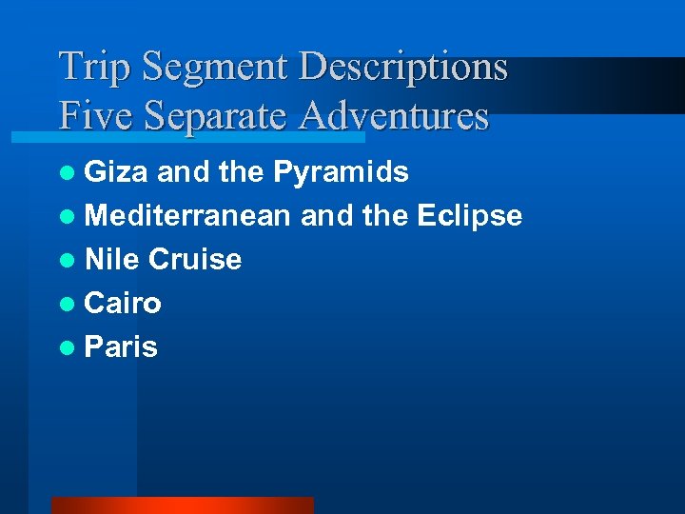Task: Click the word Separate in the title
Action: [216, 116]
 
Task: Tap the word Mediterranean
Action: [187, 216]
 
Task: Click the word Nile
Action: [113, 260]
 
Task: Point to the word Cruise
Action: [195, 260]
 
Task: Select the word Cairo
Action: [123, 304]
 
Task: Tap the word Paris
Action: [121, 347]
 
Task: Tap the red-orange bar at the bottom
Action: [182, 505]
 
